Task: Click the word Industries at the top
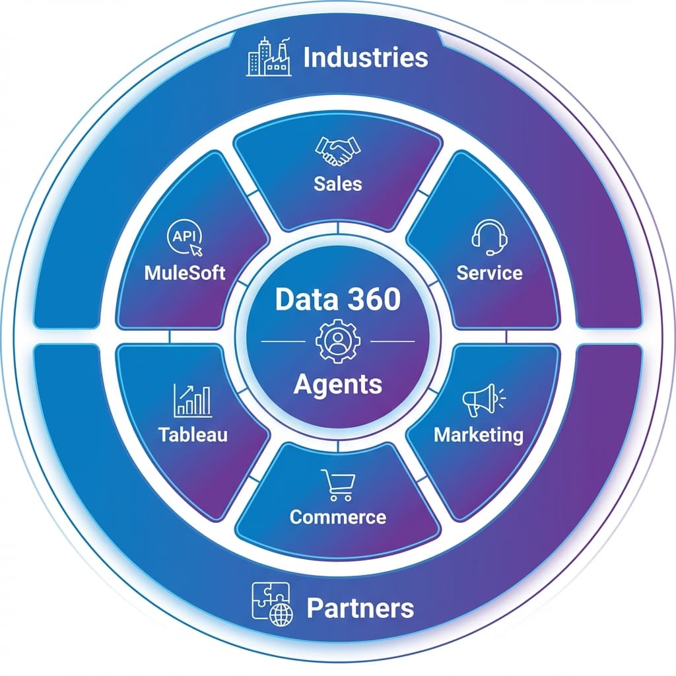[x=365, y=57]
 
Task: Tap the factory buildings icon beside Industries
[x=269, y=57]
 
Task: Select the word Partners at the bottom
[x=360, y=607]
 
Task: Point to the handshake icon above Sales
[x=338, y=151]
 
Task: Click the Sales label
[x=338, y=183]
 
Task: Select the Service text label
[x=489, y=273]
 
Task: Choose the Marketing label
[x=479, y=435]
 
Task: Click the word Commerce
[x=338, y=516]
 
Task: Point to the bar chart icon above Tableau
[x=193, y=401]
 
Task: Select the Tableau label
[x=193, y=434]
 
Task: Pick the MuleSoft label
[x=185, y=273]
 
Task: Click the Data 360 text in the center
[x=338, y=300]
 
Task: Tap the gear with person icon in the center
[x=338, y=341]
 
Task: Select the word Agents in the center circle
[x=338, y=383]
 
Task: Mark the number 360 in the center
[x=374, y=300]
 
